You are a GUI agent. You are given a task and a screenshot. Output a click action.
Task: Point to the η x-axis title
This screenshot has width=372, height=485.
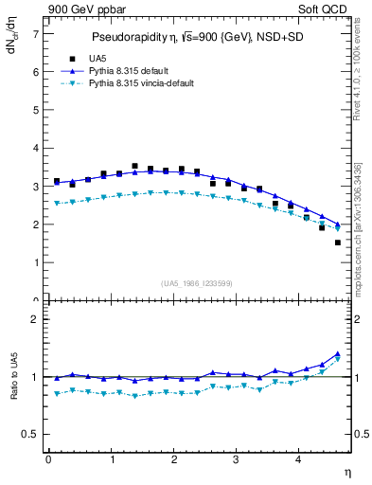(x=347, y=471)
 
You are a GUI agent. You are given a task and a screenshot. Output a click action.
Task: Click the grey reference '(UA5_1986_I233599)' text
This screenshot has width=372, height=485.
(x=198, y=283)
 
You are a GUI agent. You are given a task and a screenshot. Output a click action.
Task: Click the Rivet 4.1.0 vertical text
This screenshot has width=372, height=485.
(x=357, y=71)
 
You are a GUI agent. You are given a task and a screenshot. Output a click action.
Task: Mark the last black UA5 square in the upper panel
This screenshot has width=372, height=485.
(x=338, y=242)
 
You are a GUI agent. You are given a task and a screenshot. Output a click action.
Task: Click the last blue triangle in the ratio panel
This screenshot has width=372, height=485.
(x=338, y=353)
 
